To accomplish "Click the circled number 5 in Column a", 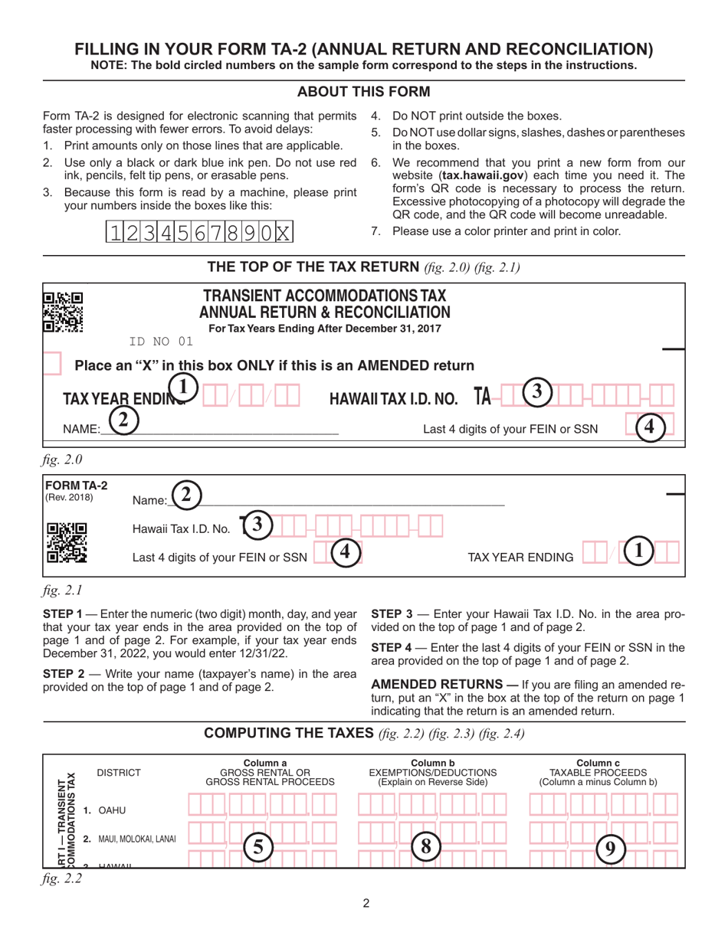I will pyautogui.click(x=258, y=846).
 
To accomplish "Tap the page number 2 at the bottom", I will pyautogui.click(x=366, y=904).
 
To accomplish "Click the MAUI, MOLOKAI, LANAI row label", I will pyautogui.click(x=130, y=839).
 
